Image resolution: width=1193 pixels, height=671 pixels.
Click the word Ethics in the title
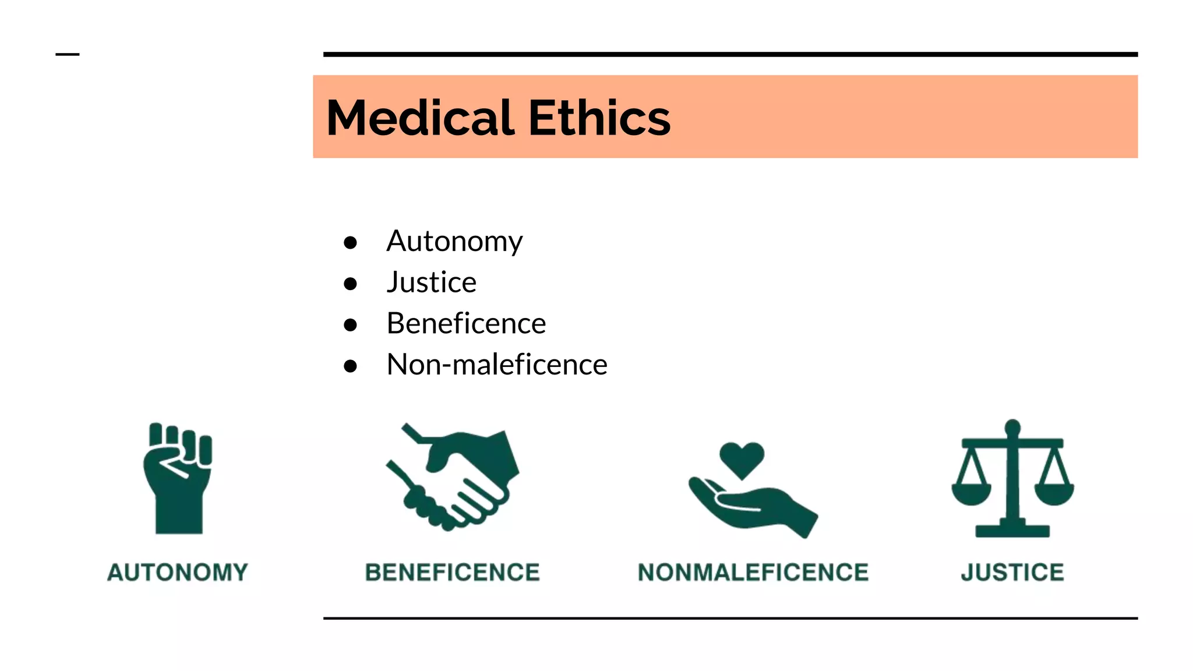click(599, 118)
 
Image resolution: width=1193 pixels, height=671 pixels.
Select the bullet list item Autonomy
click(454, 241)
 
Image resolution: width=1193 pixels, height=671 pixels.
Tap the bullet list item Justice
click(431, 282)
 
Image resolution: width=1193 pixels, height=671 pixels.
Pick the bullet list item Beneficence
click(466, 324)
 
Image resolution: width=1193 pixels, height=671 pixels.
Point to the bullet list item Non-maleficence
click(497, 365)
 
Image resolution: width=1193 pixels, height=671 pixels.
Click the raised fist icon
click(178, 478)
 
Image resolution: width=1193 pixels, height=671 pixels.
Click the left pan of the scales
click(971, 493)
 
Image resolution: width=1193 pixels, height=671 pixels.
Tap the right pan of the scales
click(1054, 493)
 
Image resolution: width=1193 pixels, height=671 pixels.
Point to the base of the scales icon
click(1012, 530)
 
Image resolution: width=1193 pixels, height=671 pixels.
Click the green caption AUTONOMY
click(178, 573)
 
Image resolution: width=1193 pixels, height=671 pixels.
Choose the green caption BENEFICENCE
click(452, 573)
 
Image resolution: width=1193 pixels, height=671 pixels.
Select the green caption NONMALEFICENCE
click(753, 573)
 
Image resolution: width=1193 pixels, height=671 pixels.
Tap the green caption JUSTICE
click(1012, 573)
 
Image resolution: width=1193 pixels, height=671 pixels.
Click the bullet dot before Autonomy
click(350, 242)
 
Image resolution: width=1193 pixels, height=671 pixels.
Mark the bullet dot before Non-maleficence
click(350, 366)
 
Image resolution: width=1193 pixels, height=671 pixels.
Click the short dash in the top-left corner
click(67, 55)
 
